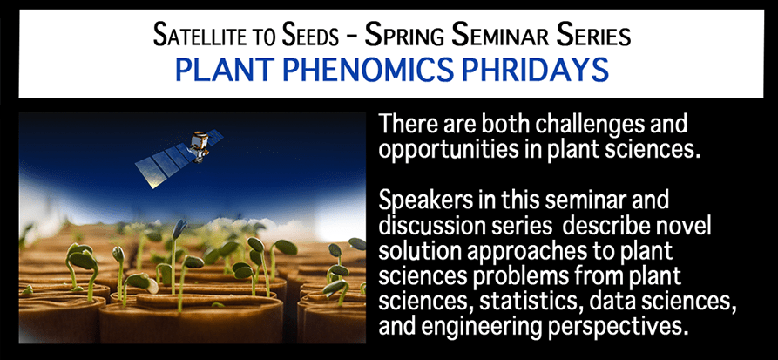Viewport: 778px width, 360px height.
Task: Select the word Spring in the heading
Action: click(405, 37)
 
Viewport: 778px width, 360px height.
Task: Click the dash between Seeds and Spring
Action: click(353, 37)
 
